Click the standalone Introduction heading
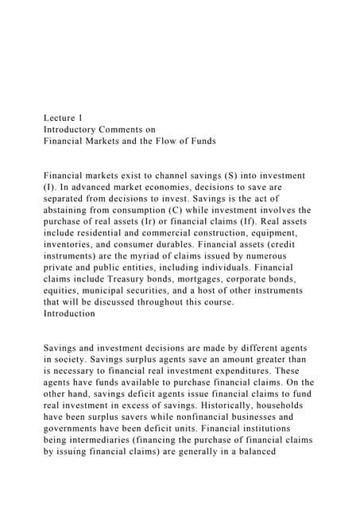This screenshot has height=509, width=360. pyautogui.click(x=70, y=313)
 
